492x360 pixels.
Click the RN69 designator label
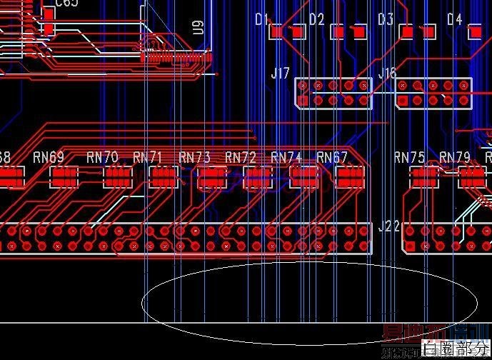pyautogui.click(x=49, y=156)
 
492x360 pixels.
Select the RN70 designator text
pyautogui.click(x=102, y=156)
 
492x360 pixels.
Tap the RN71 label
pyautogui.click(x=148, y=156)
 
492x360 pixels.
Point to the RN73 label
pyautogui.click(x=194, y=156)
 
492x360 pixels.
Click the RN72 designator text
pyautogui.click(x=241, y=156)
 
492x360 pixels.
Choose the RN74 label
pyautogui.click(x=286, y=156)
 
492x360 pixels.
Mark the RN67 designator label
pyautogui.click(x=332, y=156)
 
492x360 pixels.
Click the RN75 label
pyautogui.click(x=410, y=156)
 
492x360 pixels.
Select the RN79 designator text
pyautogui.click(x=455, y=156)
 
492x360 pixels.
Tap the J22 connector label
pyautogui.click(x=388, y=226)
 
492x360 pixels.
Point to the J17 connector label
pyautogui.click(x=281, y=73)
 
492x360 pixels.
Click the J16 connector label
pyautogui.click(x=387, y=73)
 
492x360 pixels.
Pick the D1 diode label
pyautogui.click(x=261, y=19)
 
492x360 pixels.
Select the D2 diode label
pyautogui.click(x=316, y=19)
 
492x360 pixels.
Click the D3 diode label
pyautogui.click(x=386, y=19)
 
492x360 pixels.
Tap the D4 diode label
pyautogui.click(x=455, y=19)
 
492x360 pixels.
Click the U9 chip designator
pyautogui.click(x=199, y=27)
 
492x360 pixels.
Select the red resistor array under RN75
pyautogui.click(x=424, y=177)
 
